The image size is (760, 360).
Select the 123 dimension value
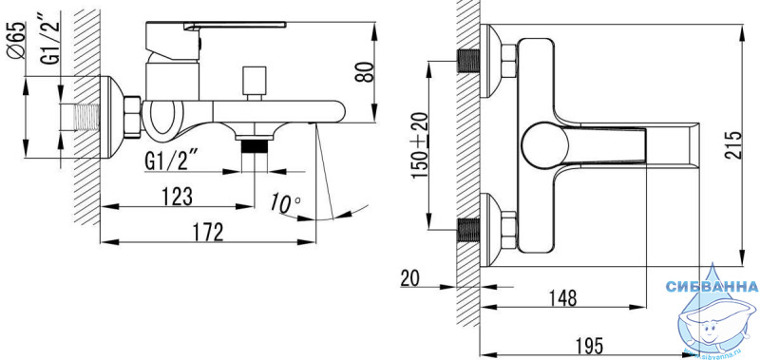click(177, 197)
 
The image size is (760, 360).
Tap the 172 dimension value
click(208, 233)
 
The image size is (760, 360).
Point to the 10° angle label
click(285, 203)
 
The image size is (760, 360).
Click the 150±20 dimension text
click(421, 145)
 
